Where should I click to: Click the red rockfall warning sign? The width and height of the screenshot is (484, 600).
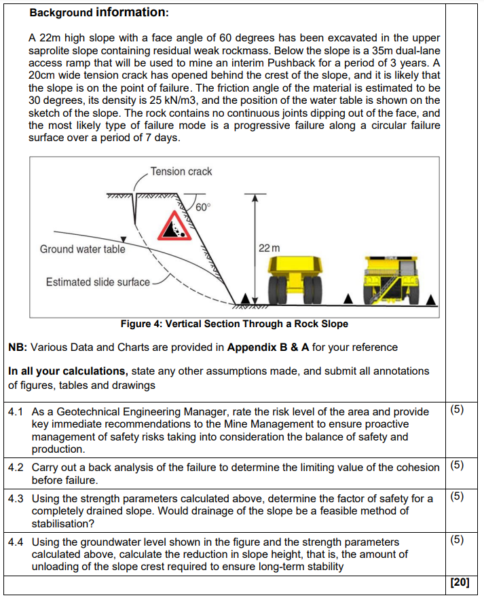pyautogui.click(x=176, y=226)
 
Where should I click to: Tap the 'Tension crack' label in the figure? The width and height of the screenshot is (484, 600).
pyautogui.click(x=181, y=172)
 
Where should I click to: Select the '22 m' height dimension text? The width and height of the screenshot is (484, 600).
pyautogui.click(x=269, y=249)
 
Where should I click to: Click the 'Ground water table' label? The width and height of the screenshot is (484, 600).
pyautogui.click(x=82, y=249)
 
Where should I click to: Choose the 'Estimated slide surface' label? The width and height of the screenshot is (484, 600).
pyautogui.click(x=98, y=282)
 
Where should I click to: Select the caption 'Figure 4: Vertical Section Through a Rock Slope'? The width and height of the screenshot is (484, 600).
pyautogui.click(x=234, y=324)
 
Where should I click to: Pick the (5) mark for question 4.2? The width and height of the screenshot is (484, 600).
pyautogui.click(x=457, y=466)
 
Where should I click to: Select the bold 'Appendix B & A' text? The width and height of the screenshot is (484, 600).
pyautogui.click(x=268, y=348)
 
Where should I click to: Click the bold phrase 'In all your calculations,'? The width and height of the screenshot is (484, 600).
pyautogui.click(x=68, y=371)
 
